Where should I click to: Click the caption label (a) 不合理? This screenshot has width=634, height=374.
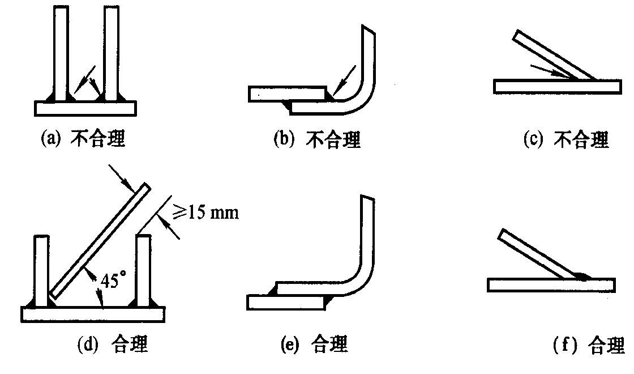click(83, 139)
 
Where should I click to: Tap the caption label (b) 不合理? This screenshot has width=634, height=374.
click(317, 140)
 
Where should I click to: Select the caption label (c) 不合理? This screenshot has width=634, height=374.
click(566, 139)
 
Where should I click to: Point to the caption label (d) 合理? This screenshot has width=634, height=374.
click(113, 344)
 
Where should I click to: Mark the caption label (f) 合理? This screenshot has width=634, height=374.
click(589, 345)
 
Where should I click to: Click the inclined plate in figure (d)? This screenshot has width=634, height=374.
click(99, 241)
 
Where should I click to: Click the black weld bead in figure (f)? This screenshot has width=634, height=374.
click(582, 276)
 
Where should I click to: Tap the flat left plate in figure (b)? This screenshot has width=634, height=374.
click(286, 94)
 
